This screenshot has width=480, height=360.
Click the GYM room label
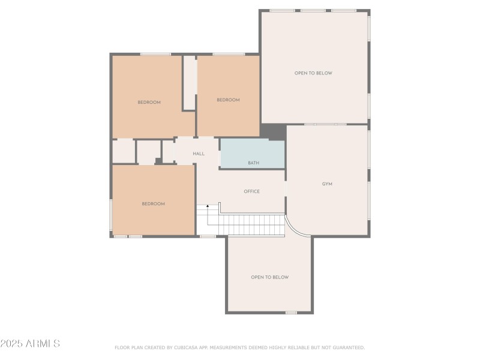tap(327, 184)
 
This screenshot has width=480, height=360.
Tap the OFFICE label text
tap(251, 191)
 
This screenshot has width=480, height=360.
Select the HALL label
tap(199, 154)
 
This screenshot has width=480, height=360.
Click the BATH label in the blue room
tap(254, 163)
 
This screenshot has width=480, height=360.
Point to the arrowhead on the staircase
tap(208, 206)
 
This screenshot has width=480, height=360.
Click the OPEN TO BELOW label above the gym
tap(313, 73)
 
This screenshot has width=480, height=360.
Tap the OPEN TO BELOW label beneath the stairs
tap(269, 277)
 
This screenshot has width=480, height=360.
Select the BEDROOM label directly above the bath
tap(228, 100)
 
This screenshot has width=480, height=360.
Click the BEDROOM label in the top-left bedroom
tap(149, 103)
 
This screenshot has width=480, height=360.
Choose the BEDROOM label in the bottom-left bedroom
tap(153, 204)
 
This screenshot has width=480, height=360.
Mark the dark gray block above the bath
tap(274, 132)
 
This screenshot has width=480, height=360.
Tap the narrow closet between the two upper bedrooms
tap(190, 83)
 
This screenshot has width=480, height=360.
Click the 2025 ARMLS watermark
tap(30, 344)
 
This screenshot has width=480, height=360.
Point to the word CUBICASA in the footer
tap(187, 347)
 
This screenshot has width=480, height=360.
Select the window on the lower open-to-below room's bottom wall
tap(291, 312)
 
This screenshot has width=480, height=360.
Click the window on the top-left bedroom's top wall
tap(155, 54)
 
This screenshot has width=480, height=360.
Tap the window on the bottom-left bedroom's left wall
tap(111, 215)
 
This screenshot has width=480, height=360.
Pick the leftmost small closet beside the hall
tap(124, 151)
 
